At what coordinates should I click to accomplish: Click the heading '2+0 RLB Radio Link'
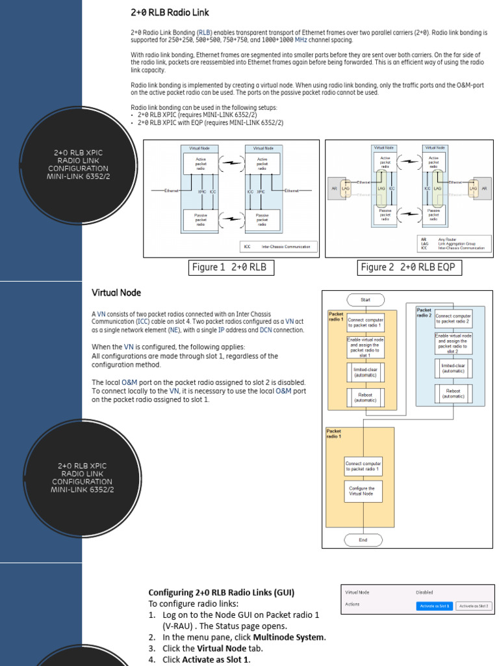pos(170,12)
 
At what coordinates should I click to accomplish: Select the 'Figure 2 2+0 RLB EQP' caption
pos(406,267)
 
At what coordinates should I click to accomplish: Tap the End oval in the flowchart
pos(363,540)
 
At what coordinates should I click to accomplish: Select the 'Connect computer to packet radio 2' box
pos(453,319)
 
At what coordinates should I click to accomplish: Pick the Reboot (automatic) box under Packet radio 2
pos(453,393)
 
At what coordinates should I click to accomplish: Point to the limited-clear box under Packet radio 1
pos(364,372)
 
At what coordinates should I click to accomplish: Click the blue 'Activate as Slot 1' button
pos(435,606)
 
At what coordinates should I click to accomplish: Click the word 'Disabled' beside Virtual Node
pos(424,593)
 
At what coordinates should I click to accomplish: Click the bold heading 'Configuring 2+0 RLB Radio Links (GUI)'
pos(222,593)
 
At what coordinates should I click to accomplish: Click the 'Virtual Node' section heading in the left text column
pos(116,293)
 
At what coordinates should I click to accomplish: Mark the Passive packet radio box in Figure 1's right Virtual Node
pos(262,219)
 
